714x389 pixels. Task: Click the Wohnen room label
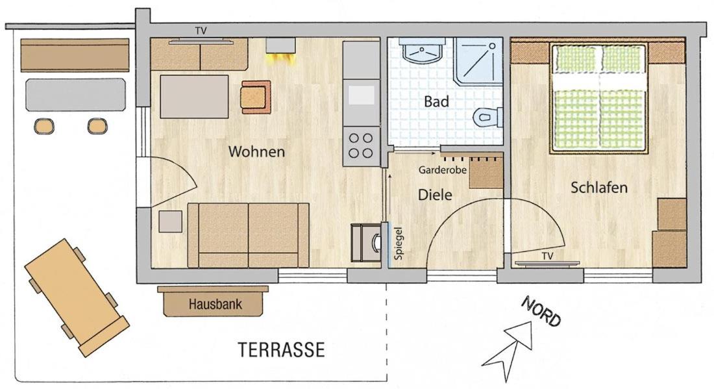(x=256, y=151)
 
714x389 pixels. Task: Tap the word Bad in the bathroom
(x=436, y=101)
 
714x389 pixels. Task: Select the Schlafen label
(x=599, y=187)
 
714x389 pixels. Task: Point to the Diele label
(x=435, y=195)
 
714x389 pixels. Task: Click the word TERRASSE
(x=282, y=350)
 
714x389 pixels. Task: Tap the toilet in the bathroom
(x=487, y=117)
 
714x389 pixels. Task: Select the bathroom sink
(x=422, y=51)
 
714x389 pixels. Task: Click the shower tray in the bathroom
(x=478, y=61)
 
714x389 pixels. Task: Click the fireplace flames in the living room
(x=280, y=58)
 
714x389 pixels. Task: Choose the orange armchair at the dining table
(x=256, y=97)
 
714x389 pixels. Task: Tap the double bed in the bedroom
(x=599, y=98)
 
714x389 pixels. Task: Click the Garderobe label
(x=443, y=170)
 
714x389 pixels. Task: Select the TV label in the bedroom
(x=547, y=256)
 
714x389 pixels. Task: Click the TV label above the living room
(x=201, y=31)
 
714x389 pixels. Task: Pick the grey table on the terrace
(x=75, y=95)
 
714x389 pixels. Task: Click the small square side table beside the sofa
(x=170, y=221)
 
